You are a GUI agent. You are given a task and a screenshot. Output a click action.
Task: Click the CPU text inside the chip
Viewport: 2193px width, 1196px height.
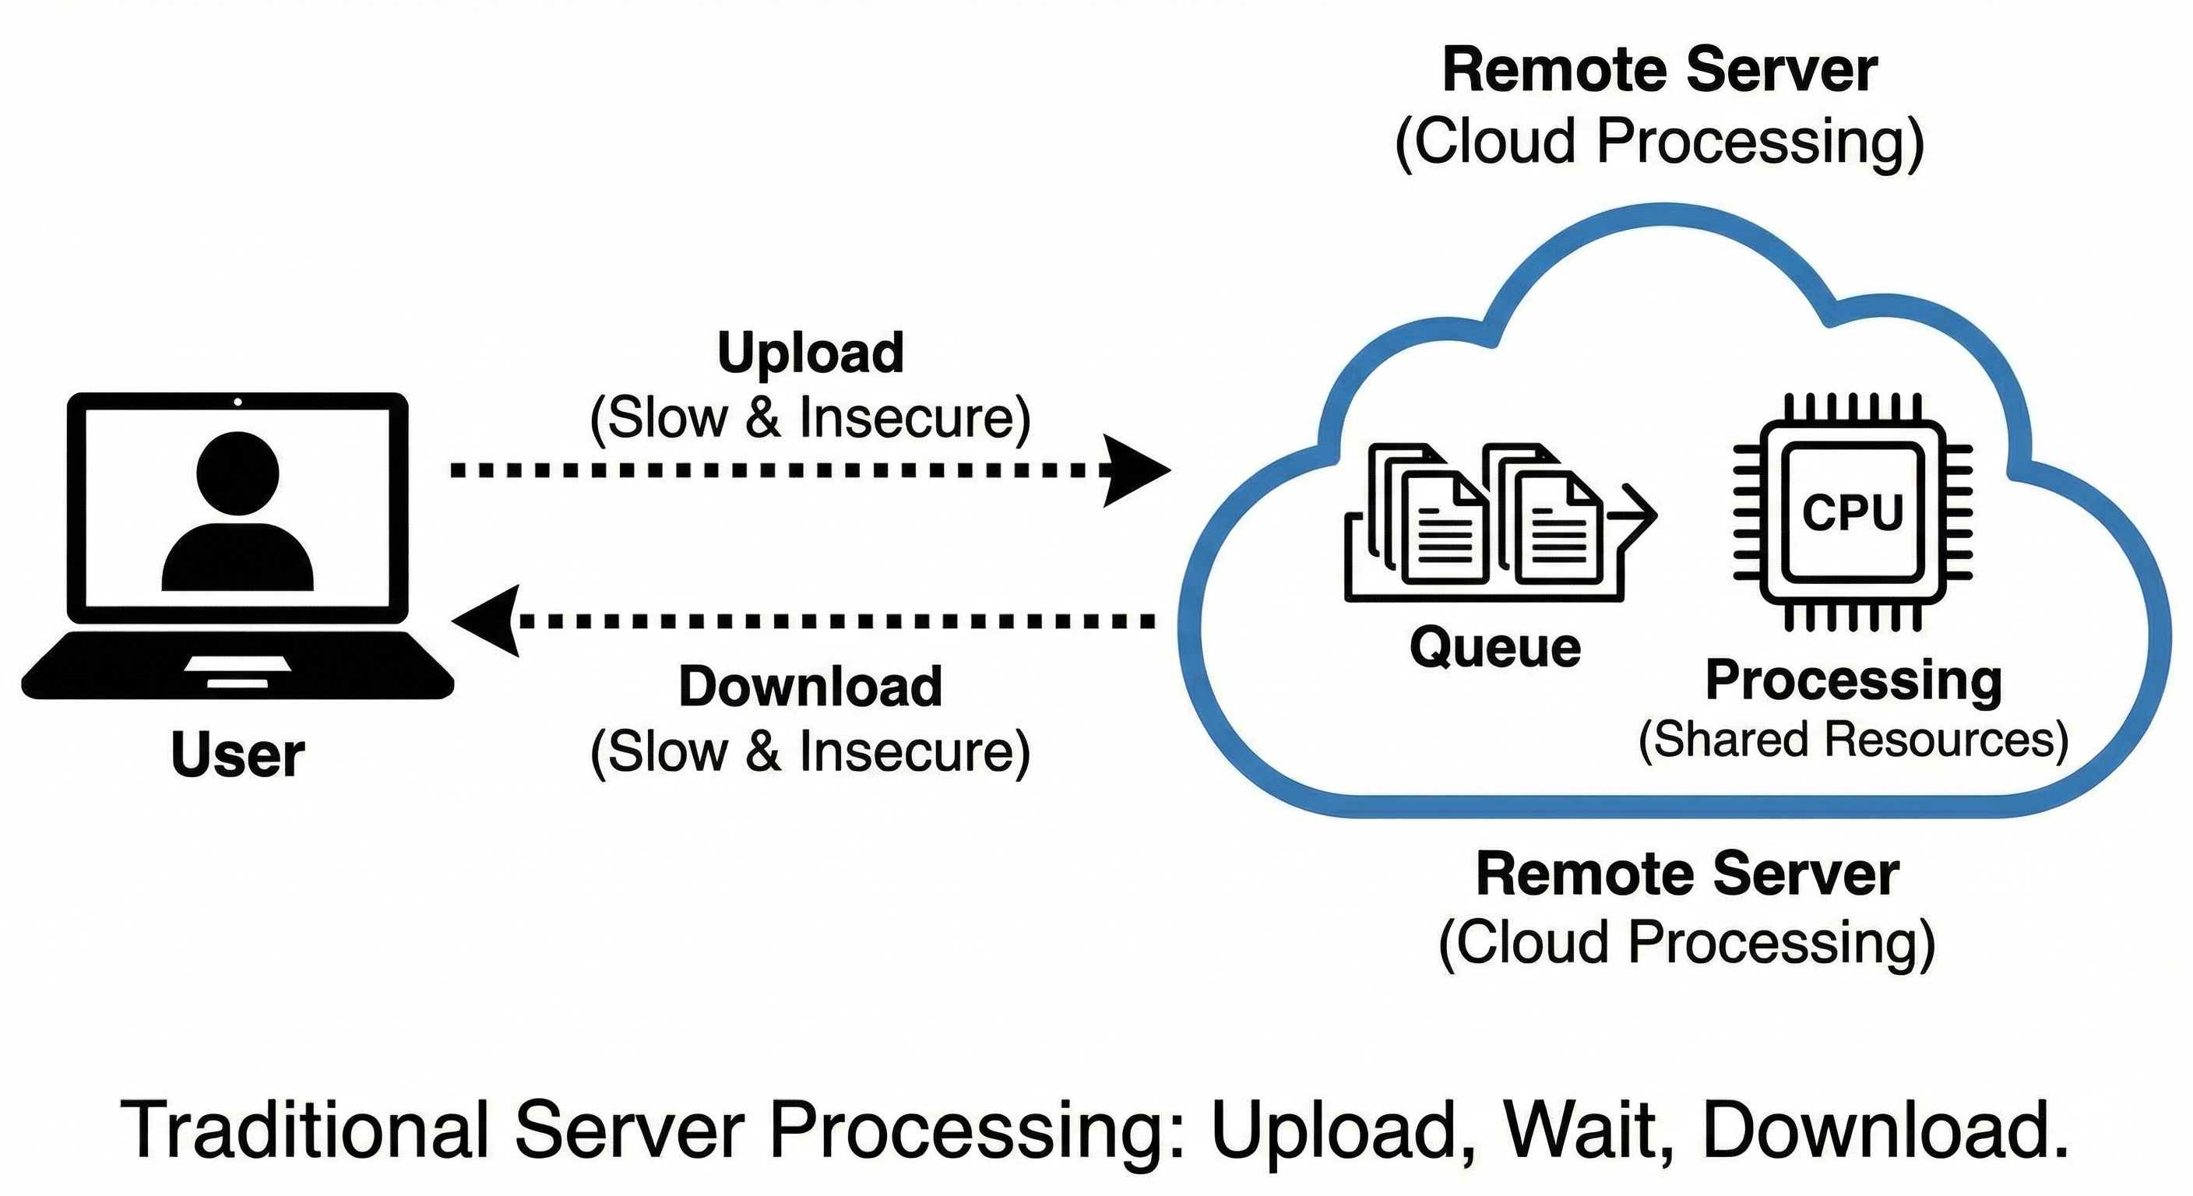[1853, 512]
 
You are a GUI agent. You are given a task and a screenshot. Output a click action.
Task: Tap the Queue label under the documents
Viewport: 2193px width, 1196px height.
[1495, 648]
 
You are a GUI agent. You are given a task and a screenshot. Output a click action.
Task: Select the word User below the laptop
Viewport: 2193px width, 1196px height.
[238, 755]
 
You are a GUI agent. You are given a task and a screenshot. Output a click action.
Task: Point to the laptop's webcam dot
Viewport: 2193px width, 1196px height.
[238, 402]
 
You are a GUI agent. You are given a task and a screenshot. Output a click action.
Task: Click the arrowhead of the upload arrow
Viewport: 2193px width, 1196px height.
[1136, 470]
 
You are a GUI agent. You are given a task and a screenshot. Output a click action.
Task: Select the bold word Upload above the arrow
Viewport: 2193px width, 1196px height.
[810, 353]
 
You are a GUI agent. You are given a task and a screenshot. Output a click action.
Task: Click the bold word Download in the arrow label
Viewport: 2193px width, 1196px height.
[810, 686]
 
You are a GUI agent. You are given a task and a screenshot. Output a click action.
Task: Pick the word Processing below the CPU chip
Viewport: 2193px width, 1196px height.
[1853, 681]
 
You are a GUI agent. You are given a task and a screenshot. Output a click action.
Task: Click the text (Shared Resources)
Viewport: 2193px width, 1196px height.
[1853, 739]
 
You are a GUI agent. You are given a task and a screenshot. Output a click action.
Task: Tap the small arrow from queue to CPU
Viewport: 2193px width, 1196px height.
[1639, 515]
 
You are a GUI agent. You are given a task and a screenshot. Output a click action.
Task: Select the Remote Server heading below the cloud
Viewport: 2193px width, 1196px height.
[1687, 874]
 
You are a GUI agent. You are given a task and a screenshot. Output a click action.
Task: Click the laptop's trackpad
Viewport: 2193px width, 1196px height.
[238, 665]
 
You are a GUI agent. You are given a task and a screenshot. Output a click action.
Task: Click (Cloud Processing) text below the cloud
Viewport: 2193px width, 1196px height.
[1687, 942]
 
